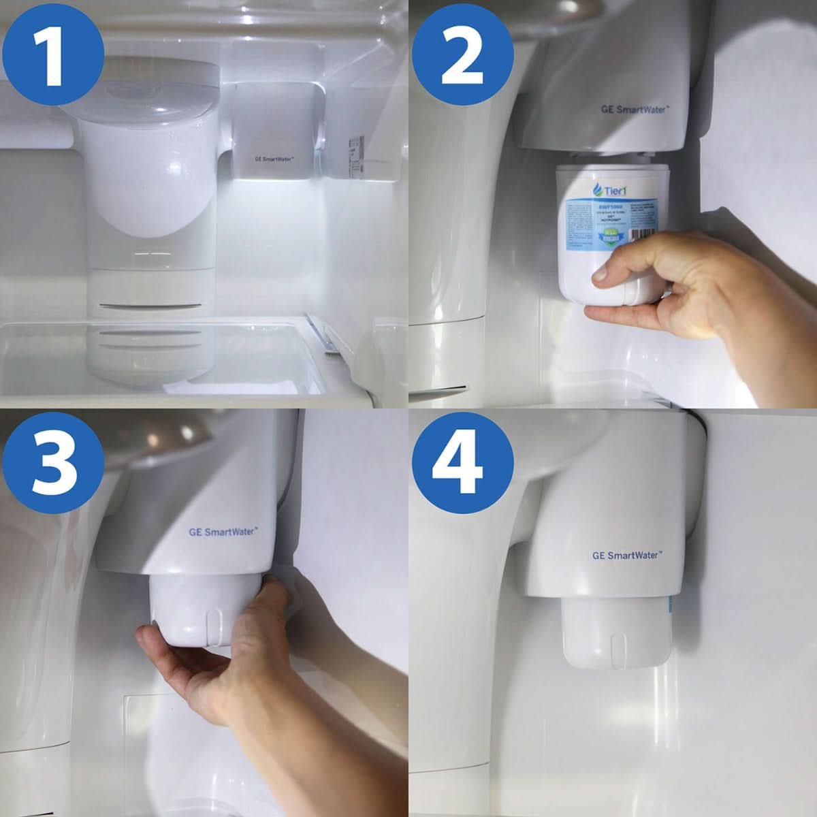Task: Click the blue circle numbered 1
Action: [x=52, y=52]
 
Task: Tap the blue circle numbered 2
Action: [x=462, y=52]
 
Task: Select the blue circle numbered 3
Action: [x=52, y=462]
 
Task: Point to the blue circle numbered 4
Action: [x=462, y=462]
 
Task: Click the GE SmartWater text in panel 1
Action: [x=274, y=159]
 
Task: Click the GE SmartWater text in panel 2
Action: [x=635, y=109]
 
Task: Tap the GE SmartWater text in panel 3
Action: [x=223, y=531]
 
